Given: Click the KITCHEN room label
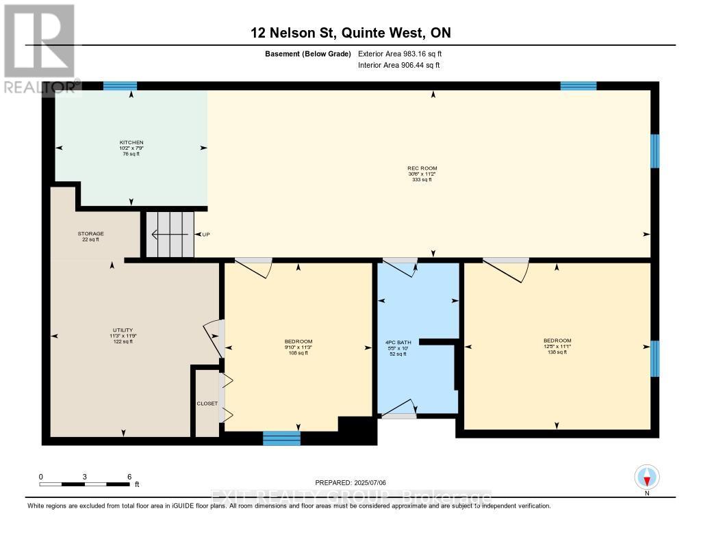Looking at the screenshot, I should click(131, 142).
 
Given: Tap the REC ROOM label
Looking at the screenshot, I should click(422, 168).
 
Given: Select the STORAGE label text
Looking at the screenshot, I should click(90, 234).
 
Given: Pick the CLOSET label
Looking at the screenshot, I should click(207, 404).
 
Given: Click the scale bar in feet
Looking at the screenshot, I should click(84, 484).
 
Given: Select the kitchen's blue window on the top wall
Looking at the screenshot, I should click(120, 86).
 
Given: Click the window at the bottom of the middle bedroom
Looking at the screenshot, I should click(281, 438).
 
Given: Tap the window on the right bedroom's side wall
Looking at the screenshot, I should click(654, 358).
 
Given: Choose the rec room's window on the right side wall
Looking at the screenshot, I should click(654, 150).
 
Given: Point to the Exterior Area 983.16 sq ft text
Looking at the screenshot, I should click(405, 53).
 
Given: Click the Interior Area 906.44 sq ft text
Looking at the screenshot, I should click(399, 65).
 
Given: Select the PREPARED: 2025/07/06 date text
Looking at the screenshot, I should click(350, 482).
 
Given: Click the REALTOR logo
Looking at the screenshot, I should click(39, 48).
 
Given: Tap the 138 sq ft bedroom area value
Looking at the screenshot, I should click(557, 352).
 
